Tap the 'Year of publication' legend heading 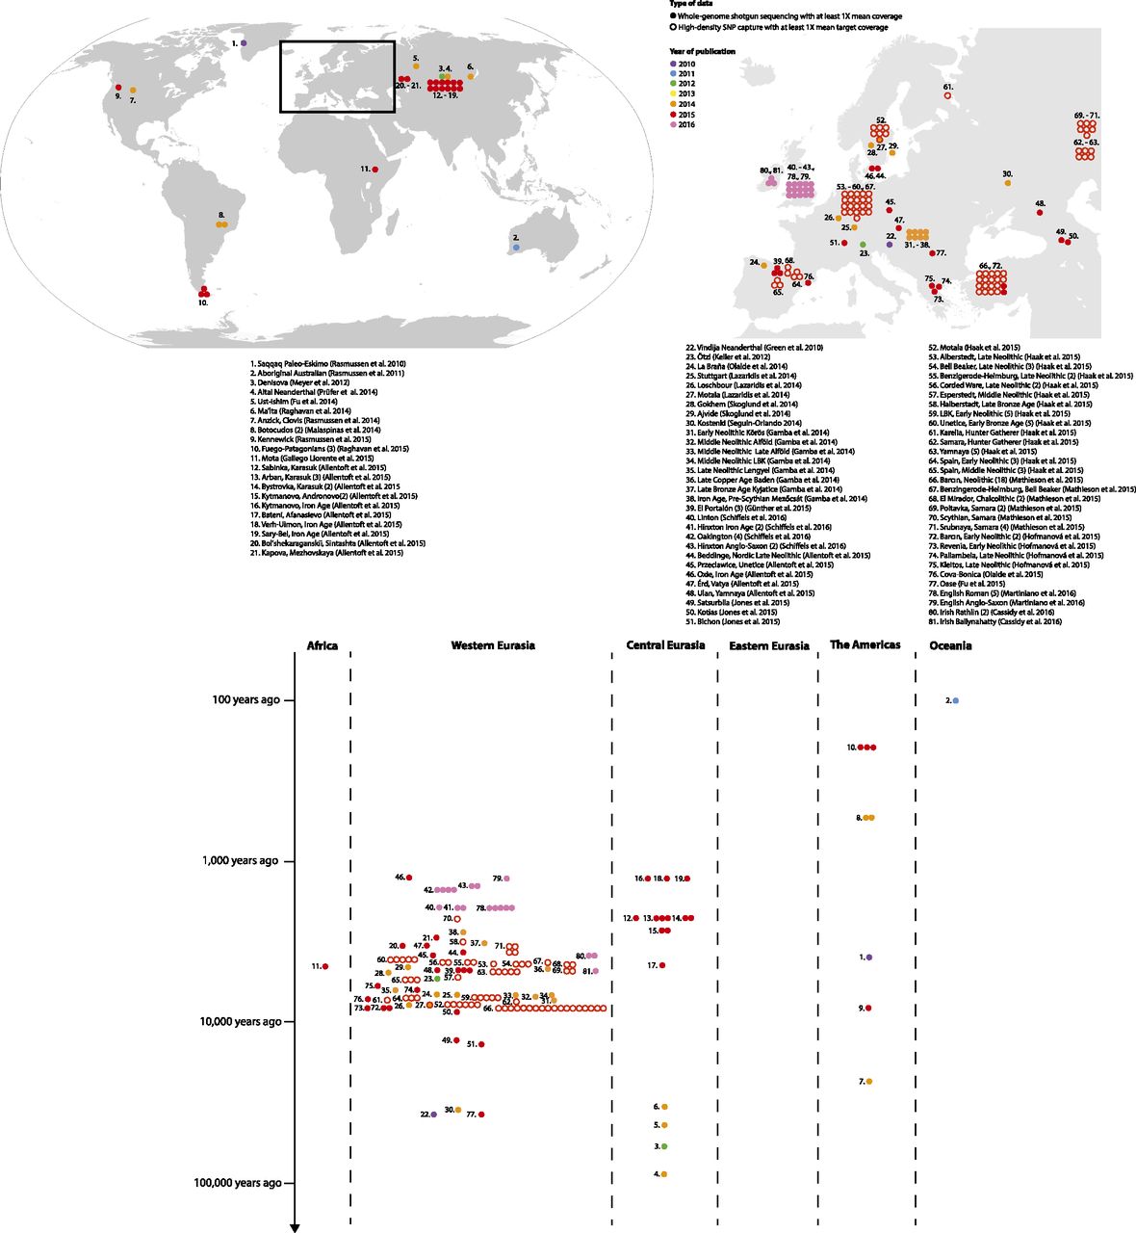point(702,51)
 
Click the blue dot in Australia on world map point(517,248)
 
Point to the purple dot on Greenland point(244,43)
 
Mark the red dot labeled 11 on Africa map point(374,170)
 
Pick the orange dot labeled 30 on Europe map point(1007,183)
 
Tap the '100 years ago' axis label point(245,700)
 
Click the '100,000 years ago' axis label point(237,1183)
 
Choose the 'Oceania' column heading point(950,645)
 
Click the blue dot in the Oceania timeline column point(955,700)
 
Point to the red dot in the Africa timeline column point(325,966)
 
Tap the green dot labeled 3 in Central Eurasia point(664,1146)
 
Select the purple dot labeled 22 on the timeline point(434,1115)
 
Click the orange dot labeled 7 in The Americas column point(869,1082)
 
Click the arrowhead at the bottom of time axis point(295,1226)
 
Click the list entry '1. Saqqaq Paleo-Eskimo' point(326,363)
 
